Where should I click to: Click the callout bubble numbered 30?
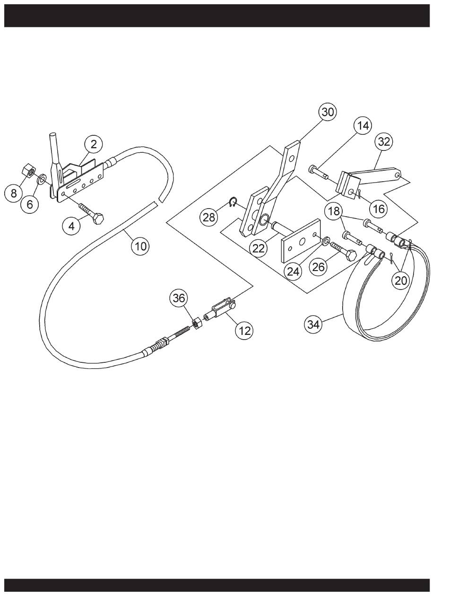click(328, 112)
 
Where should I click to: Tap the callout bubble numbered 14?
click(363, 126)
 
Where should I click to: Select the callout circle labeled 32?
click(384, 141)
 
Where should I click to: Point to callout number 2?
click(94, 144)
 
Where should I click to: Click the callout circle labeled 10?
click(140, 246)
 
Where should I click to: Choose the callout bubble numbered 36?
click(179, 298)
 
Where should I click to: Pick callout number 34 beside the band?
click(314, 324)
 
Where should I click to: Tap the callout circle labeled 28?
click(208, 217)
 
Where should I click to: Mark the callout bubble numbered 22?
click(258, 248)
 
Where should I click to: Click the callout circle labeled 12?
click(244, 331)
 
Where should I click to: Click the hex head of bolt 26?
click(351, 255)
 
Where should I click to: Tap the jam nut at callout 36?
click(197, 324)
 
